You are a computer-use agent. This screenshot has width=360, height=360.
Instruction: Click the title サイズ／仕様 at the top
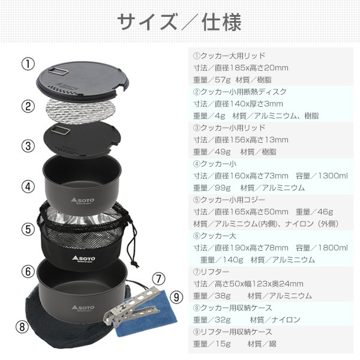tap(179, 22)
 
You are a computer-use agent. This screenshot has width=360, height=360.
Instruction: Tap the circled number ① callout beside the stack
tap(28, 64)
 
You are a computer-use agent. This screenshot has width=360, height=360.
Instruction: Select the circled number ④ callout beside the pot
tap(28, 186)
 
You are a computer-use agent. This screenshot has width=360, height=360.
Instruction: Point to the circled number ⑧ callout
tap(22, 327)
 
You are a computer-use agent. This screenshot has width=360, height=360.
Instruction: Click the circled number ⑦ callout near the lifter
tap(158, 278)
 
